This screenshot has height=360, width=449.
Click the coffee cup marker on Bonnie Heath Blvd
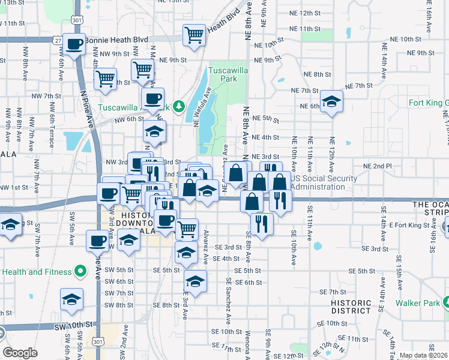click(74, 44)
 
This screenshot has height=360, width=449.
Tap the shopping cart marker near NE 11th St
click(194, 35)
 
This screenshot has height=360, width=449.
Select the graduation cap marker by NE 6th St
click(331, 101)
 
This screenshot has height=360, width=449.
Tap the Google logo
click(20, 353)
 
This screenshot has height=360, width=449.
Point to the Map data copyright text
click(423, 355)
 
